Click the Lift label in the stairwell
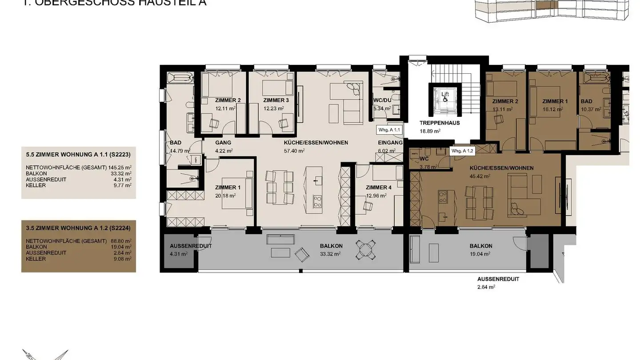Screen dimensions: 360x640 pos(445,94)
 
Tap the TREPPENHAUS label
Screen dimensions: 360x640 pos(440,123)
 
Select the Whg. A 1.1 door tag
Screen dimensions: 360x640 pos(389,130)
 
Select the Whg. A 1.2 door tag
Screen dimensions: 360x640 pos(463,151)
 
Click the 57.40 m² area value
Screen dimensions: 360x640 pos(295,151)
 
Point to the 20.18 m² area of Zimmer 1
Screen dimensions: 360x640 pos(225,196)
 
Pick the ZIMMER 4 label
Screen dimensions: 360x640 pos(379,187)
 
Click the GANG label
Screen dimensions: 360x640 pos(223,143)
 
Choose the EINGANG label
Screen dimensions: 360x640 pos(390,143)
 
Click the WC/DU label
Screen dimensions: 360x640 pos(382,100)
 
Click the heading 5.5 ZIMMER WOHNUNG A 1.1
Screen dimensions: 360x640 pos(78,155)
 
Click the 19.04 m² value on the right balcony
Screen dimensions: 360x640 pos(480,254)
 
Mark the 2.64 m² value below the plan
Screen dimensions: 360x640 pos(486,287)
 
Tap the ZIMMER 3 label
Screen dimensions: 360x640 pos(276,100)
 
